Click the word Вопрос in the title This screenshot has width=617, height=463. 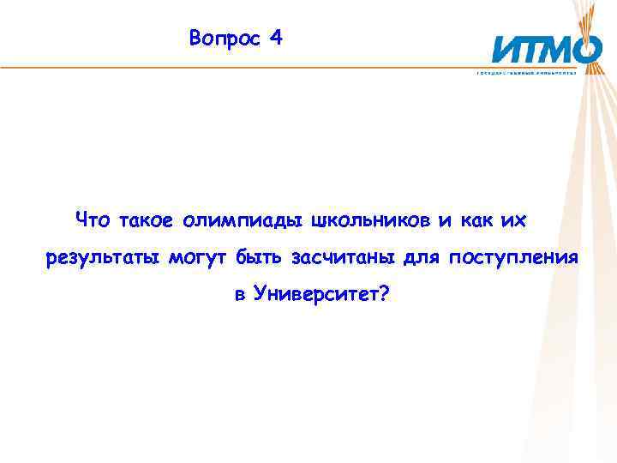224,39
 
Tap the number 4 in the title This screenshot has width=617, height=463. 274,39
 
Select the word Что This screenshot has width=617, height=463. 93,220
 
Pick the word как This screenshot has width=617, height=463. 476,220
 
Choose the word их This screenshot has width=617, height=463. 512,220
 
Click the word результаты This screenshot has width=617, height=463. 102,258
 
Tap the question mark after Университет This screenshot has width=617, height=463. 383,295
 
